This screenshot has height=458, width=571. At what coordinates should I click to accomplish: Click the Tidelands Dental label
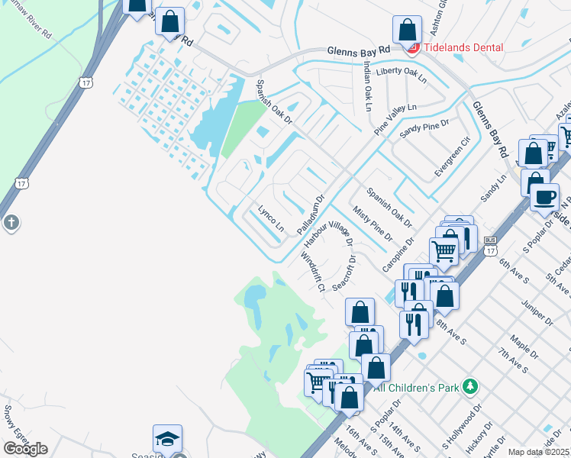pos(464,47)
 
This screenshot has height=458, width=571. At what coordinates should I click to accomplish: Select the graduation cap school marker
pos(167,440)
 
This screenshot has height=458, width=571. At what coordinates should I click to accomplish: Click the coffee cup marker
pos(544,198)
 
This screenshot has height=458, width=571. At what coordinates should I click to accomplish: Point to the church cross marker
pos(11,223)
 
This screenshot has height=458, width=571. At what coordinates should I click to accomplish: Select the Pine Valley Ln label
pos(396,120)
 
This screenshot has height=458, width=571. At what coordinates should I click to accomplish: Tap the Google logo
pos(24,449)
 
